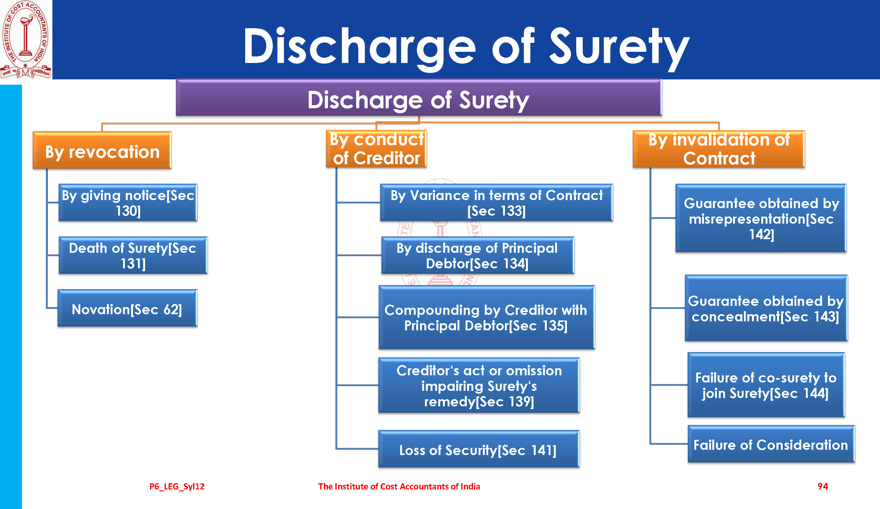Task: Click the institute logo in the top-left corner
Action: point(26,39)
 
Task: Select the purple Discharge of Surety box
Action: point(419,97)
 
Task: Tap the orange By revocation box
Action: point(102,150)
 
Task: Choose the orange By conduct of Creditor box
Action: point(376,149)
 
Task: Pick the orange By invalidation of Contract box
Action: point(719,149)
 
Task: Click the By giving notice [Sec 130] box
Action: point(128,203)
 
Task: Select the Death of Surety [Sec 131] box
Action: point(133,255)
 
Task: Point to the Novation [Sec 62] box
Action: point(127,308)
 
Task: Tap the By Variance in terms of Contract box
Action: point(497,203)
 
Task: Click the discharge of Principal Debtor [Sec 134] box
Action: point(478,255)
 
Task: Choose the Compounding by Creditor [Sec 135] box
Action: point(487,318)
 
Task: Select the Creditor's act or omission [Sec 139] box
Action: point(479,385)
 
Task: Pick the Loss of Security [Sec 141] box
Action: point(479,449)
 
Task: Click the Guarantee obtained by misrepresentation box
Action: point(761,218)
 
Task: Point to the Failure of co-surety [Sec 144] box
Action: point(766,385)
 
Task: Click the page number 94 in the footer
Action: point(823,486)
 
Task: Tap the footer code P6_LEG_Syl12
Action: point(177,487)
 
